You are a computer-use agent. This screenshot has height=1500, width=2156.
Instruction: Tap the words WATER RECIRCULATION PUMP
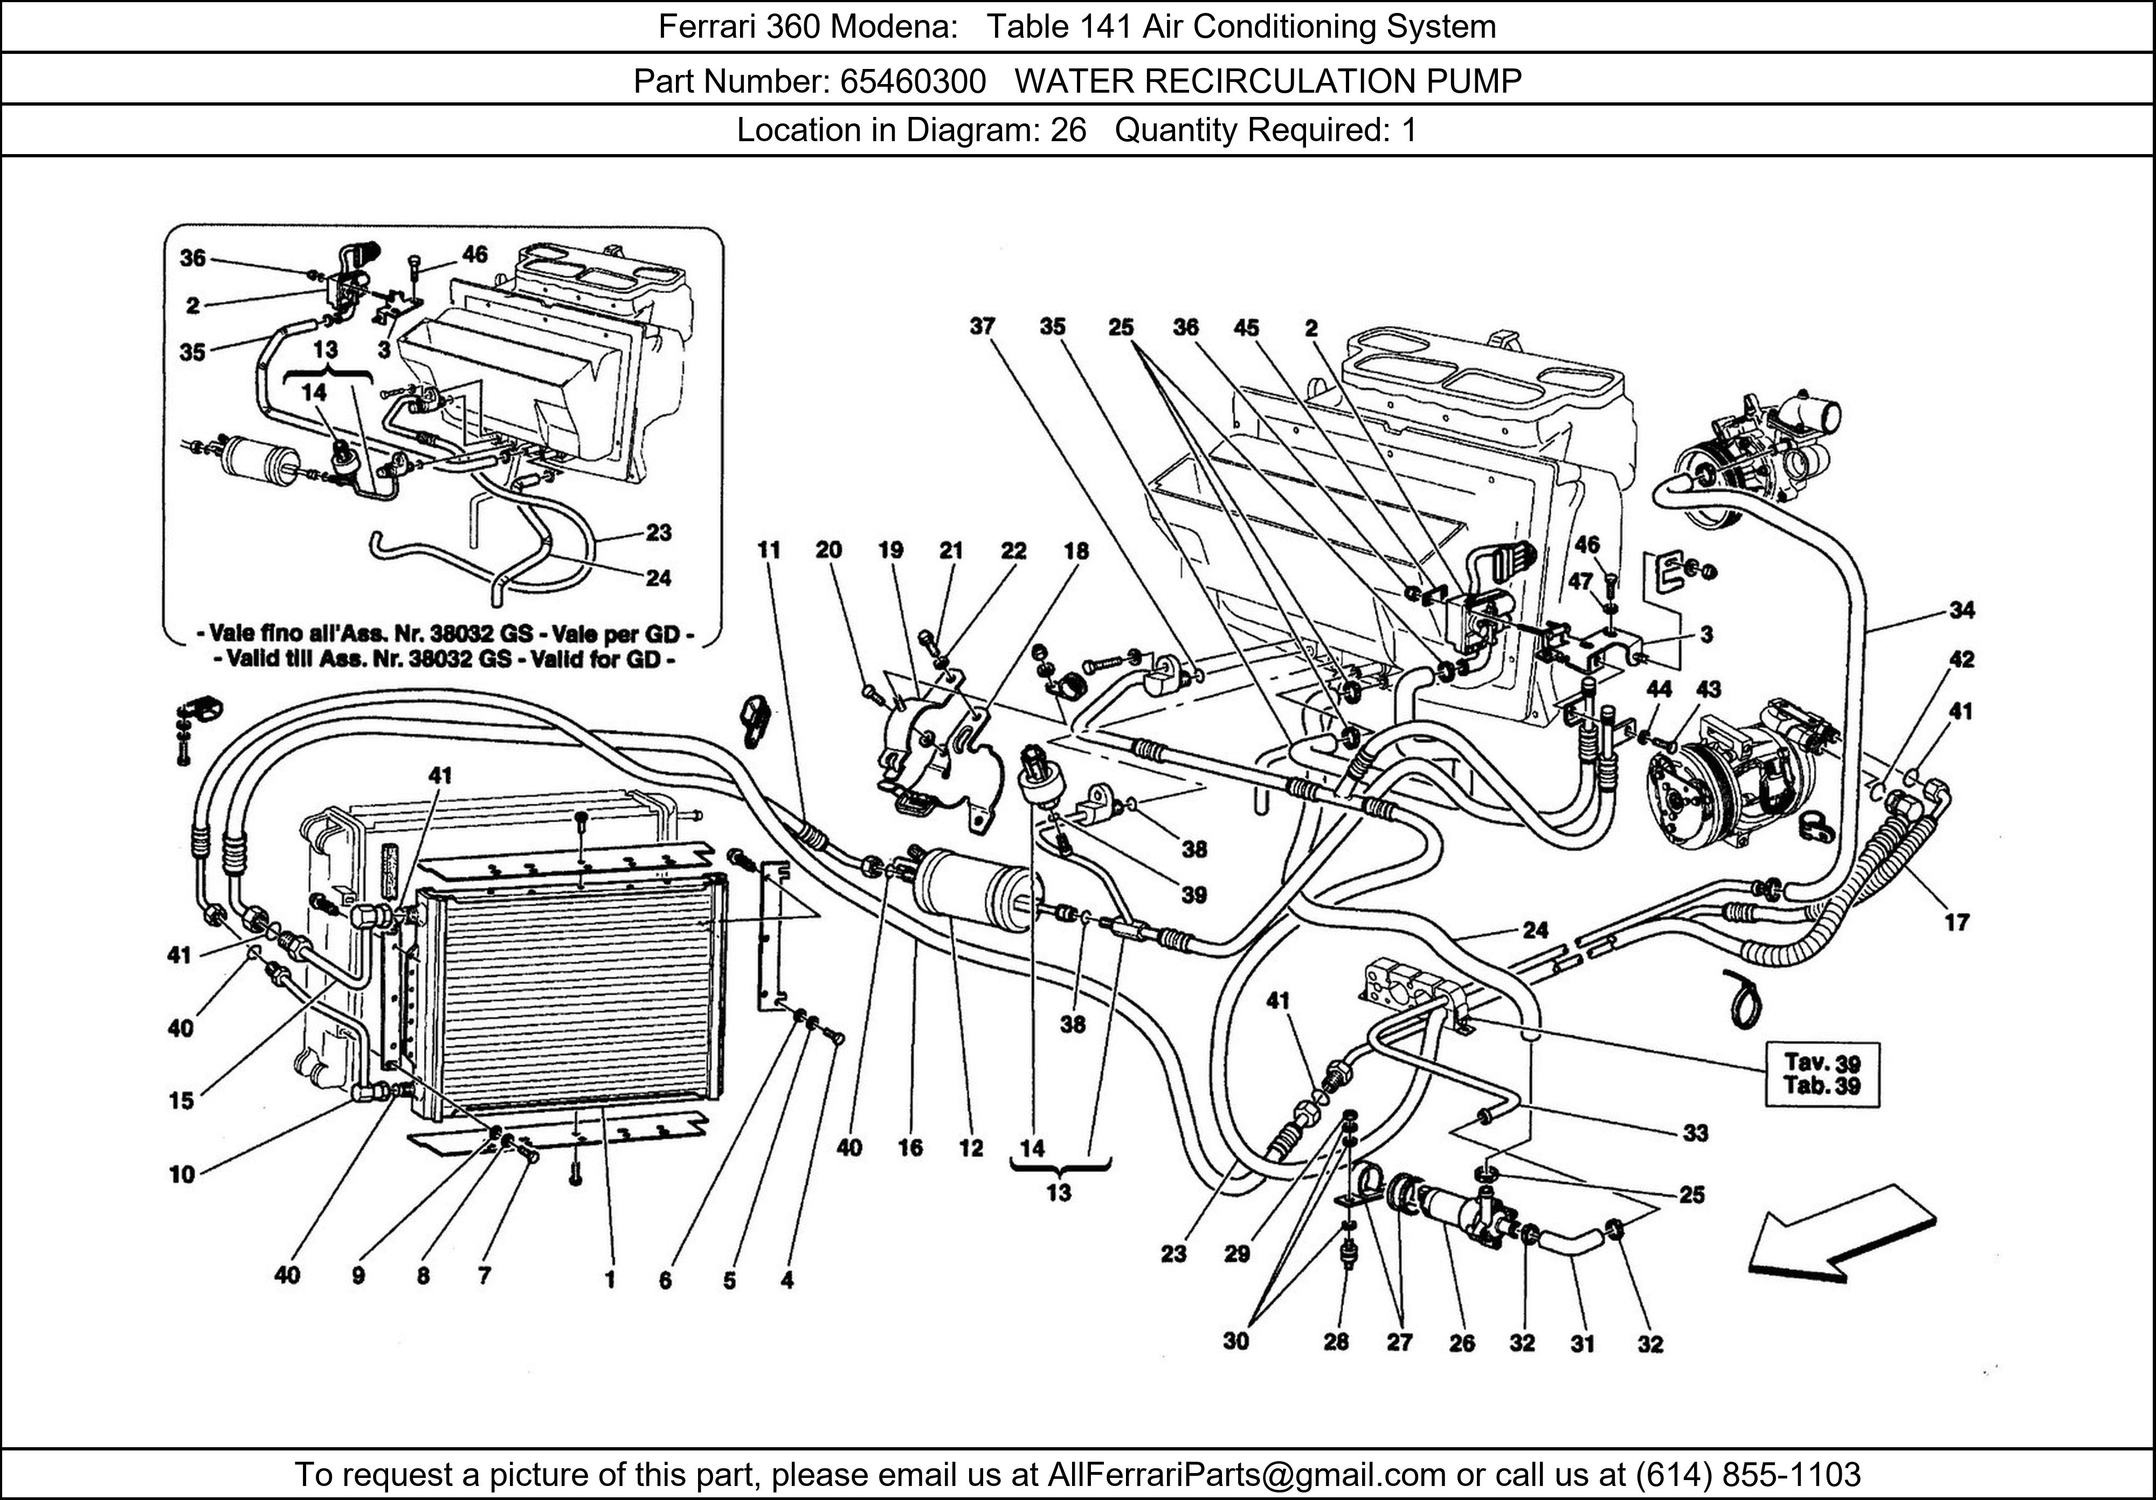point(1268,82)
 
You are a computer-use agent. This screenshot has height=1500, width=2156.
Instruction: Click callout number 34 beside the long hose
point(1961,610)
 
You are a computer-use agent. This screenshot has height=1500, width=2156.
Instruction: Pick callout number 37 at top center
point(982,327)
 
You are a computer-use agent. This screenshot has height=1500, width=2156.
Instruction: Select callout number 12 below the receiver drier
point(971,1147)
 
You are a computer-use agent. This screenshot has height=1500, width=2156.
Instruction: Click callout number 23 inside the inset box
point(658,532)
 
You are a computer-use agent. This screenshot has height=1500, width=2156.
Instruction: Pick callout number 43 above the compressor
point(1708,689)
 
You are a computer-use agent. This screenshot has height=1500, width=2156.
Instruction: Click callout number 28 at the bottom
point(1335,1342)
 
